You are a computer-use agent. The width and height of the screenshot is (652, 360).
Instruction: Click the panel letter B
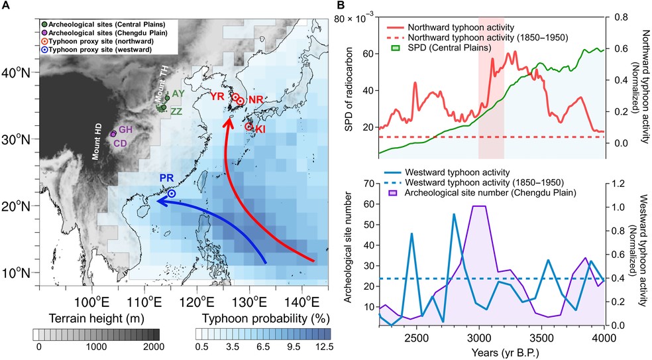(x=344, y=6)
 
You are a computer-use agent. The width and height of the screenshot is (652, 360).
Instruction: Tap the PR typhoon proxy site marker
(x=171, y=194)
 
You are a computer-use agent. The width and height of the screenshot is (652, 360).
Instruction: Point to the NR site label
(x=255, y=100)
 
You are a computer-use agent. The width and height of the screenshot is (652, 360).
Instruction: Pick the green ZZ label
(x=176, y=112)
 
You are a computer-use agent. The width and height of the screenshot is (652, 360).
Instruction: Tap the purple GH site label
(x=127, y=129)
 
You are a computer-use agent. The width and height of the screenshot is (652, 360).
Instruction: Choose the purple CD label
(x=121, y=143)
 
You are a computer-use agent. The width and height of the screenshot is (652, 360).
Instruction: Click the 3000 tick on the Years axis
(x=492, y=339)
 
